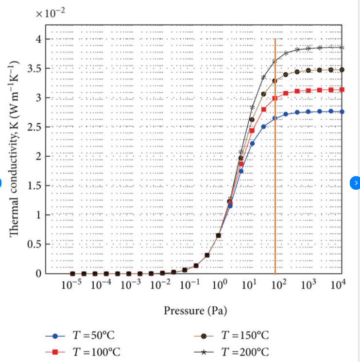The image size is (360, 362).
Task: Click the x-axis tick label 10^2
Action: tap(278, 285)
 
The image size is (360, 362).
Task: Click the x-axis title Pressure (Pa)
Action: tap(195, 310)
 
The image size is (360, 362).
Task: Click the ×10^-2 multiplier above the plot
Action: tap(51, 13)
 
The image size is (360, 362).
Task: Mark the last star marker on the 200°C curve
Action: tap(342, 48)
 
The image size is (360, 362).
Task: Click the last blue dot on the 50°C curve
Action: tap(342, 112)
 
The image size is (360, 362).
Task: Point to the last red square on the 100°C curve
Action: tap(342, 89)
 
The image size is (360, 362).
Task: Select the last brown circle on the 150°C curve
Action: tap(342, 69)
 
